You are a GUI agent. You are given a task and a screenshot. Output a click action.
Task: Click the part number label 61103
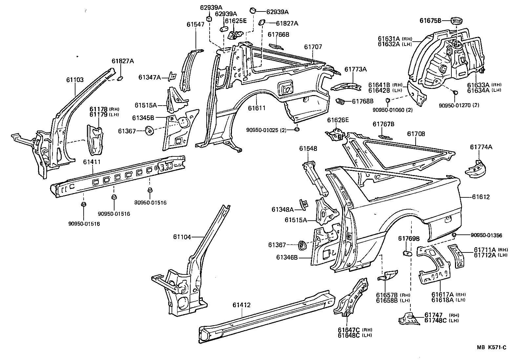point(75,80)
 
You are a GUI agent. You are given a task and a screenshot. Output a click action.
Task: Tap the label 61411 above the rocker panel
point(92,162)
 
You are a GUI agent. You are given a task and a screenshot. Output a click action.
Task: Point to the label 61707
point(313,47)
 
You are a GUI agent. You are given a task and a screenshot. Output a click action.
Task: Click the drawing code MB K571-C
point(491,347)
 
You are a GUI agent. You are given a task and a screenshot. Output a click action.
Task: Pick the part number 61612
point(481,197)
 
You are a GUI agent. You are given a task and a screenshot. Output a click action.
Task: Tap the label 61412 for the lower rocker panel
point(241,305)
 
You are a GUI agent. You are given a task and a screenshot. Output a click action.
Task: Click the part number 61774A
point(481,147)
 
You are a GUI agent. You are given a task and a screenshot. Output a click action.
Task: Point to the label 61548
point(308,149)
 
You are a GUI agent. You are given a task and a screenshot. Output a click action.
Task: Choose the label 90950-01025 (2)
point(266,130)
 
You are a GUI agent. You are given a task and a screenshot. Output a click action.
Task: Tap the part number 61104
point(182,237)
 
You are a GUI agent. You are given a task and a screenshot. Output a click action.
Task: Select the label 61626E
point(338,120)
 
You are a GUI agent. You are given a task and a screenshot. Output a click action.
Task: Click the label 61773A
point(356,69)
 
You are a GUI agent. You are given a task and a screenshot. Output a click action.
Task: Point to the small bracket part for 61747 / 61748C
point(409,318)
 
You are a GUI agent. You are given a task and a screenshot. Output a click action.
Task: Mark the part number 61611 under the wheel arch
point(257,108)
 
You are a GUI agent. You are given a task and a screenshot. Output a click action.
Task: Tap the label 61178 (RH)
point(104,109)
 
